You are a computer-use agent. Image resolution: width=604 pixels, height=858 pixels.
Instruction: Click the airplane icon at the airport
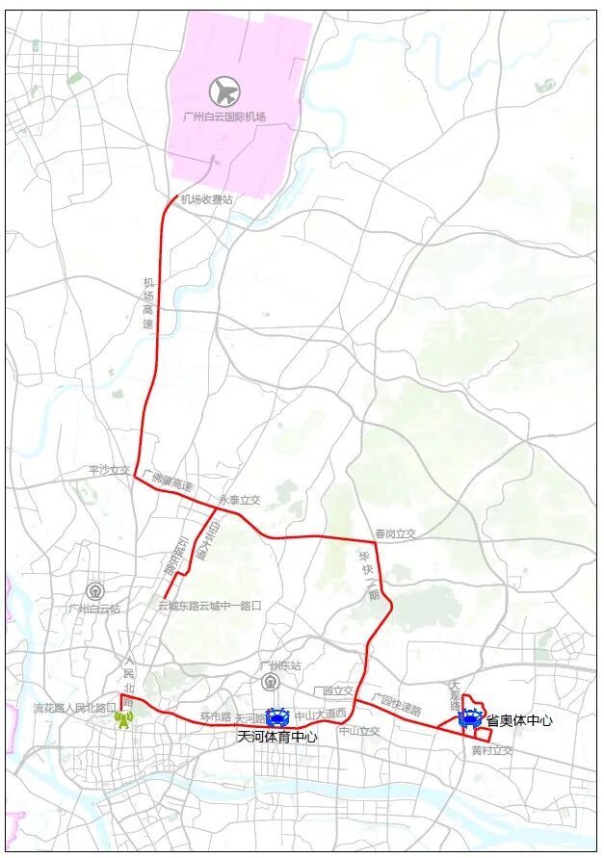point(224,92)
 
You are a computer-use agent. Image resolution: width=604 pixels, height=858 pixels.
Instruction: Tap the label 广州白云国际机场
point(223,117)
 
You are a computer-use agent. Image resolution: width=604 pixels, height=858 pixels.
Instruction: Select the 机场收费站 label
point(207,198)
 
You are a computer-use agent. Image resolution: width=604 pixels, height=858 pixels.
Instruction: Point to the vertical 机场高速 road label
point(148,303)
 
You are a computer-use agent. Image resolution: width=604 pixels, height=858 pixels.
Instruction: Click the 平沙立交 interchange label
point(108,471)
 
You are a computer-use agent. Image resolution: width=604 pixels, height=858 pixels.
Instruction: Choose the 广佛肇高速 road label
point(168,480)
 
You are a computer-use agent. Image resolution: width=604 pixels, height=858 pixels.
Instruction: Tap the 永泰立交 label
point(240,500)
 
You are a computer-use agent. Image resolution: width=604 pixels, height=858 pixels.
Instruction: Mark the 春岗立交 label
point(395,533)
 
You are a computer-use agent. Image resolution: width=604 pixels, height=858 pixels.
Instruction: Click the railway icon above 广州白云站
point(94,590)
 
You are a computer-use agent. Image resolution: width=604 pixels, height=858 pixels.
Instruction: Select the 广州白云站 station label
point(94,609)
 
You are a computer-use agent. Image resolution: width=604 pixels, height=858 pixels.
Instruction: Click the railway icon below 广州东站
point(272,682)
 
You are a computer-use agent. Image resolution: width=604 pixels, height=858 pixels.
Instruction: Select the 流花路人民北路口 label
point(74,708)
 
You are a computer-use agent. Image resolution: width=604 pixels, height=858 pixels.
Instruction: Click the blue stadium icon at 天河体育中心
point(277,717)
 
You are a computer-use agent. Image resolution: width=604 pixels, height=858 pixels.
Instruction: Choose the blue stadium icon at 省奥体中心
point(470,717)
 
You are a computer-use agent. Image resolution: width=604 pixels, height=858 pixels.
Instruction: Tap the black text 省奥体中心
point(518,719)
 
